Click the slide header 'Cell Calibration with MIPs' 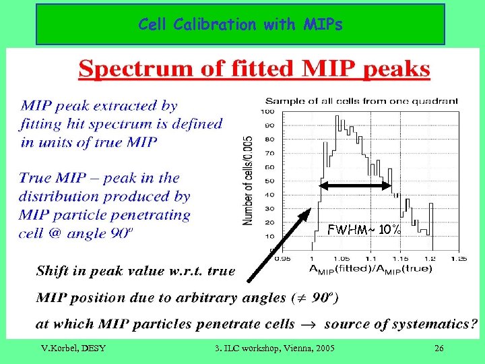click(x=240, y=25)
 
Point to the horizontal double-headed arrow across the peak click(x=355, y=185)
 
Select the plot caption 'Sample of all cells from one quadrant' click(x=361, y=101)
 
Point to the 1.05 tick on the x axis click(x=341, y=258)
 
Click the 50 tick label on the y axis click(x=269, y=181)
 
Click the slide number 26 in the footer click(x=439, y=348)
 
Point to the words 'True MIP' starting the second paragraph click(x=50, y=179)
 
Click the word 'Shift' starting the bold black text click(x=53, y=271)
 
